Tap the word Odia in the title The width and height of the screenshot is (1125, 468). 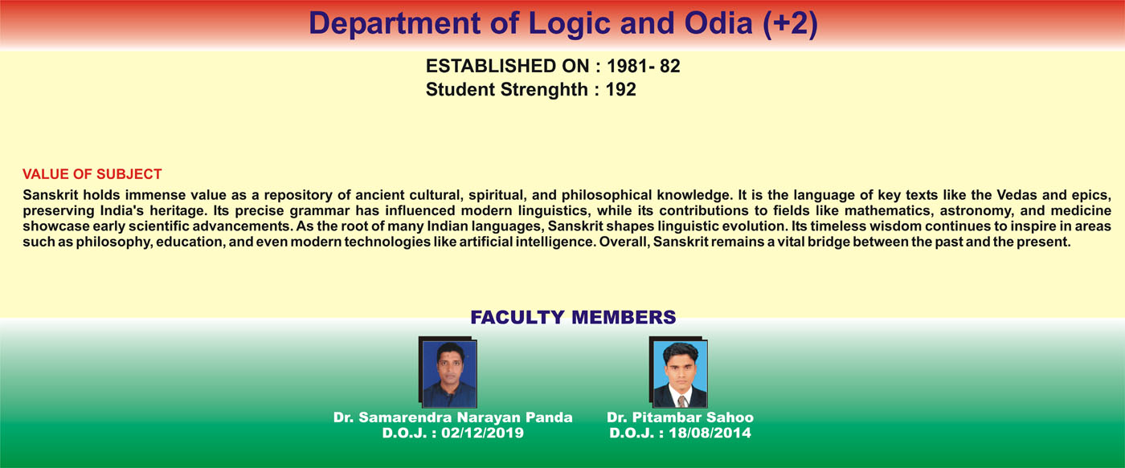click(718, 23)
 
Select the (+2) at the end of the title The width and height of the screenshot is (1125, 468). click(791, 24)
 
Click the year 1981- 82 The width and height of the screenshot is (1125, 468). click(644, 66)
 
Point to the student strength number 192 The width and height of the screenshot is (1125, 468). click(620, 90)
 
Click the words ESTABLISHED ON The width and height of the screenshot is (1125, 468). click(507, 66)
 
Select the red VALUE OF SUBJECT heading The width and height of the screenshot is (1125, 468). click(92, 174)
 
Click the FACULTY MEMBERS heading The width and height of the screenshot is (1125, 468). click(573, 318)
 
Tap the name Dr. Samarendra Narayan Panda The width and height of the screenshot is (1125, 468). click(452, 417)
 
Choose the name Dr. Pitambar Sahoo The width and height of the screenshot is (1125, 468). click(680, 417)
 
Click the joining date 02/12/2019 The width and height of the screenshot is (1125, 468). click(482, 433)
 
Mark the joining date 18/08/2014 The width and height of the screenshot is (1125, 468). click(710, 433)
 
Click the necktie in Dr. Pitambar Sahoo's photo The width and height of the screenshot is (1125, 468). click(682, 401)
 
